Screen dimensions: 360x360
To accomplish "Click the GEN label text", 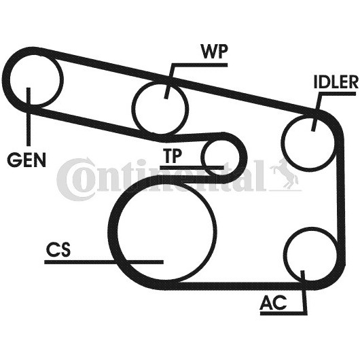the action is coord(26,160).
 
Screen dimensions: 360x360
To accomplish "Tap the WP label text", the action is coord(214,51).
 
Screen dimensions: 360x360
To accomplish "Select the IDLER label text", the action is coord(336,82).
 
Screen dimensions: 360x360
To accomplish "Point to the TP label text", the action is coord(173,156).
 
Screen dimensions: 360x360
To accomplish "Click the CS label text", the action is coord(58,249).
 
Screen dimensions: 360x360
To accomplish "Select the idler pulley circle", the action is coord(308,142).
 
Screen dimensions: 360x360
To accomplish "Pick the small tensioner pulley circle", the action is coord(220,158).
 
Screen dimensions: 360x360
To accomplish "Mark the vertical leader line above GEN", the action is coord(29,117).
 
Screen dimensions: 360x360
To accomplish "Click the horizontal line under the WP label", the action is coord(199,65).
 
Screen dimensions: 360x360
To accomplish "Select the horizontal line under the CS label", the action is coord(104,262).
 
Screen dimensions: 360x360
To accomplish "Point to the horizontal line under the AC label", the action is coord(283,312).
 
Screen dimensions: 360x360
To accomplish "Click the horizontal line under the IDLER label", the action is coord(338,93).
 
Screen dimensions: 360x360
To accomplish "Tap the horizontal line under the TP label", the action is coord(192,168).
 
